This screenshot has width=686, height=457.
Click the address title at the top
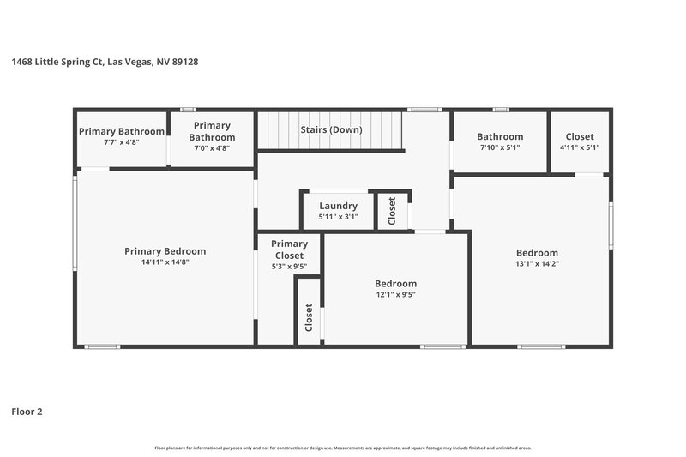pyautogui.click(x=107, y=62)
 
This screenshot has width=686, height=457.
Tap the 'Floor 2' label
pyautogui.click(x=27, y=412)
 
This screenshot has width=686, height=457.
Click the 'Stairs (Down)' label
pyautogui.click(x=331, y=130)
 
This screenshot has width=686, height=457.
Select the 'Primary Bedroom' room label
pyautogui.click(x=165, y=251)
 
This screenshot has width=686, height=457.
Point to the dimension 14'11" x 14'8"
pyautogui.click(x=165, y=262)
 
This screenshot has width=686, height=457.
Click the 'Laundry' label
pyautogui.click(x=338, y=206)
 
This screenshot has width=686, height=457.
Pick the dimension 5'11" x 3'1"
pyautogui.click(x=338, y=217)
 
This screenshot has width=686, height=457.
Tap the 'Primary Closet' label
pyautogui.click(x=290, y=250)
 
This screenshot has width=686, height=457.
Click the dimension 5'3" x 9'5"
pyautogui.click(x=290, y=267)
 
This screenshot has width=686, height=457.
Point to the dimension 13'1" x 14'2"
pyautogui.click(x=537, y=263)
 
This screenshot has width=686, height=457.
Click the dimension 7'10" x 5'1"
pyautogui.click(x=500, y=147)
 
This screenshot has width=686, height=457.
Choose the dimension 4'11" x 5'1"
pyautogui.click(x=580, y=147)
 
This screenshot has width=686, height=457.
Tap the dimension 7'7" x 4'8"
pyautogui.click(x=121, y=142)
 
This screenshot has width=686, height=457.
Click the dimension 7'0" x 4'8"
pyautogui.click(x=212, y=147)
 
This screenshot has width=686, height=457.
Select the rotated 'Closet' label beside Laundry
pyautogui.click(x=393, y=210)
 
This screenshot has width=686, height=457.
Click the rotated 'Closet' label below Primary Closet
pyautogui.click(x=309, y=318)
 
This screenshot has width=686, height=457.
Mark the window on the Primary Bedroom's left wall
pyautogui.click(x=75, y=223)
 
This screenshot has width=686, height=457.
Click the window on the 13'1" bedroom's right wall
pyautogui.click(x=611, y=225)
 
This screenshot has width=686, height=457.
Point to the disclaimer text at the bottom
pyautogui.click(x=343, y=448)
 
